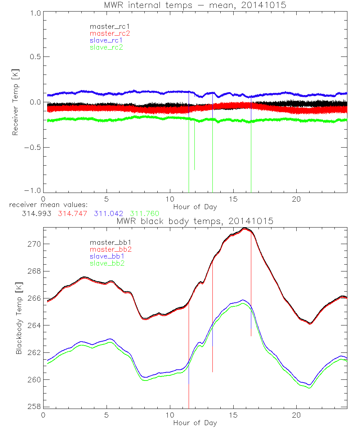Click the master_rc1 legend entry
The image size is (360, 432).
point(106,27)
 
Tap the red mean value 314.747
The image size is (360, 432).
point(73,214)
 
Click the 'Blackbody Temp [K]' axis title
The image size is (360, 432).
point(18,318)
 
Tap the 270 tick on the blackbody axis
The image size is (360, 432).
point(35,244)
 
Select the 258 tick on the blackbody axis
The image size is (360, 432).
point(35,407)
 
